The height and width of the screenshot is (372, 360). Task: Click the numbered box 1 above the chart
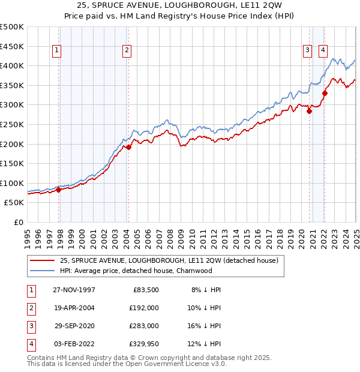pos(56,51)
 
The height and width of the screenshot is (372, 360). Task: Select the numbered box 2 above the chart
pos(127,51)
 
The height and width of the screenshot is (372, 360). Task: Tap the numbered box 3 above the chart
pos(307,51)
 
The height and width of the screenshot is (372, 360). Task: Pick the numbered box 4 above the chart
pos(323,51)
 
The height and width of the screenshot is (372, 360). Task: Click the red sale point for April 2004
pos(128,146)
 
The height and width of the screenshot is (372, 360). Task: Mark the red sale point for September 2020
pos(310,111)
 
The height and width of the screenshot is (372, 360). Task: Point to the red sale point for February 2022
pos(325,93)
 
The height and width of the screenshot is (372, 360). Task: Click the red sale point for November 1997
pos(59,190)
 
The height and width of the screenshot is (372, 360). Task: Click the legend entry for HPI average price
pos(136,271)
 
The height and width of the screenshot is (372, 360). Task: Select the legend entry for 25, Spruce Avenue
pos(169,261)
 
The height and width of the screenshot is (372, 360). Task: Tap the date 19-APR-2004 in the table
pos(74,307)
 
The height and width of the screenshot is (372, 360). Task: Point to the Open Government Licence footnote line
pos(127,364)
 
